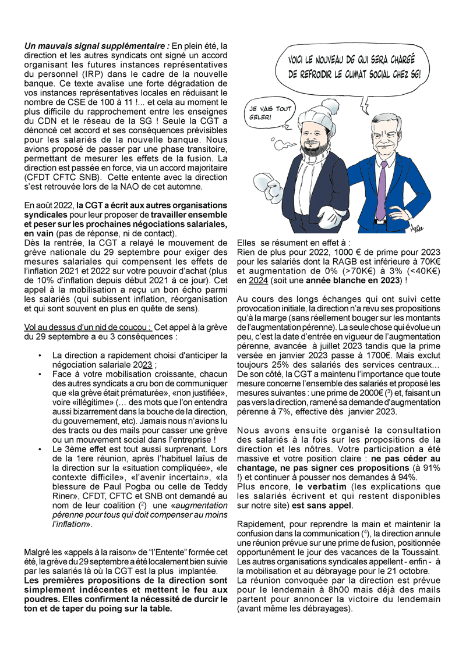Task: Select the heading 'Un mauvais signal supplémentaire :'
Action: point(97,46)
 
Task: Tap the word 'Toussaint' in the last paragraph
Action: point(421,550)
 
